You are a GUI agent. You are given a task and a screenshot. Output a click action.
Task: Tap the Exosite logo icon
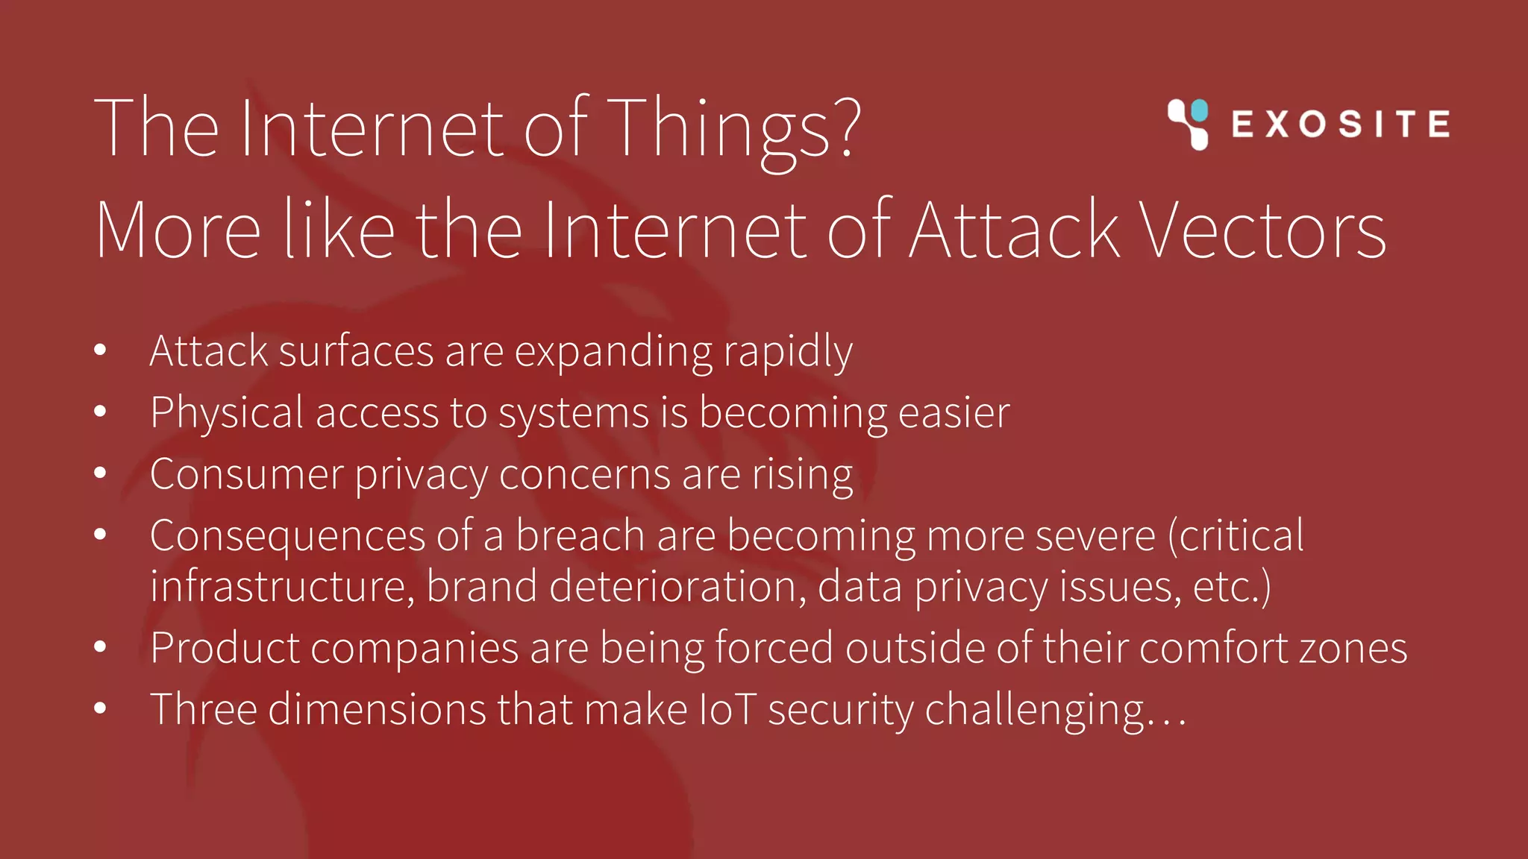pyautogui.click(x=1188, y=124)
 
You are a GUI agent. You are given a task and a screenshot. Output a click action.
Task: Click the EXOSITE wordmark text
pyautogui.click(x=1341, y=124)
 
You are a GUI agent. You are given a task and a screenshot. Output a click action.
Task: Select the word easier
pyautogui.click(x=954, y=413)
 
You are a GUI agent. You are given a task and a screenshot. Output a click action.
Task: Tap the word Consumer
pyautogui.click(x=246, y=475)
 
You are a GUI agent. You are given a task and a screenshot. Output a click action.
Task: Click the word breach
pyautogui.click(x=580, y=535)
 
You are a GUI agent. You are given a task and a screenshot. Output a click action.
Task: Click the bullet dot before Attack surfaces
pyautogui.click(x=101, y=350)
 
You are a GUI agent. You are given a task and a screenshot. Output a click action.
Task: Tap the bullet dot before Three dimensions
pyautogui.click(x=101, y=708)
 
